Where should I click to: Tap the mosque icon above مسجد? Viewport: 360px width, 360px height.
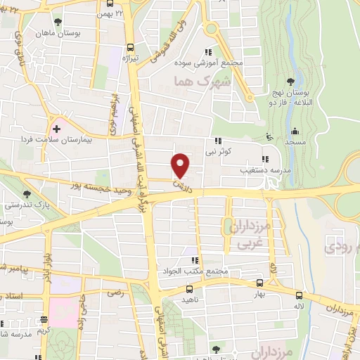coord(295,131)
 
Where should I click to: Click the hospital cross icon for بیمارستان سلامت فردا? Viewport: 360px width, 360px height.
coord(56,129)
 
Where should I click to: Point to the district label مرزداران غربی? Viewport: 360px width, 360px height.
coord(247,233)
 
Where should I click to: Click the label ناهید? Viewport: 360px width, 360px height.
coord(198,298)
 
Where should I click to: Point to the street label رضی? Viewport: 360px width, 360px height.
coord(114,291)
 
